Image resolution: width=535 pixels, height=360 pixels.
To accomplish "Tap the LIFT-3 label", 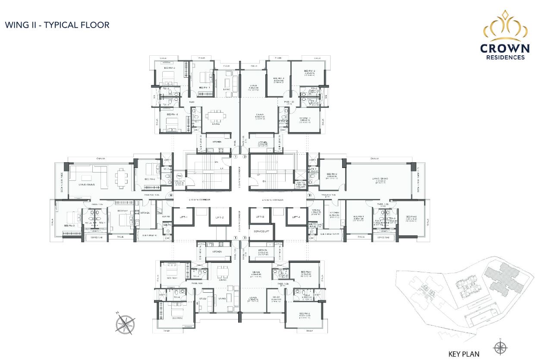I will point(260,217).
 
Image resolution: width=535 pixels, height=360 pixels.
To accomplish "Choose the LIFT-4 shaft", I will point(296,217).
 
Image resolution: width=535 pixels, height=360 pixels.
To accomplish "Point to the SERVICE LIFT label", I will point(261,231).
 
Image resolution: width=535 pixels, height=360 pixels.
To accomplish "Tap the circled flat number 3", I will point(309,196).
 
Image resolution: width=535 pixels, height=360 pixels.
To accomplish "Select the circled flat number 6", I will point(171,196).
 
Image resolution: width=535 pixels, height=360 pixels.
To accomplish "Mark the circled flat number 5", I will point(236,238).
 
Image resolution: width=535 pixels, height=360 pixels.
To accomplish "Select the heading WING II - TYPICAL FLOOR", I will point(57,25).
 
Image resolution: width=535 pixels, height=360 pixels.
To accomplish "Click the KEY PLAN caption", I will point(464,354).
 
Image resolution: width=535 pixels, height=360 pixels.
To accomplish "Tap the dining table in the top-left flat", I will point(214,116).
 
